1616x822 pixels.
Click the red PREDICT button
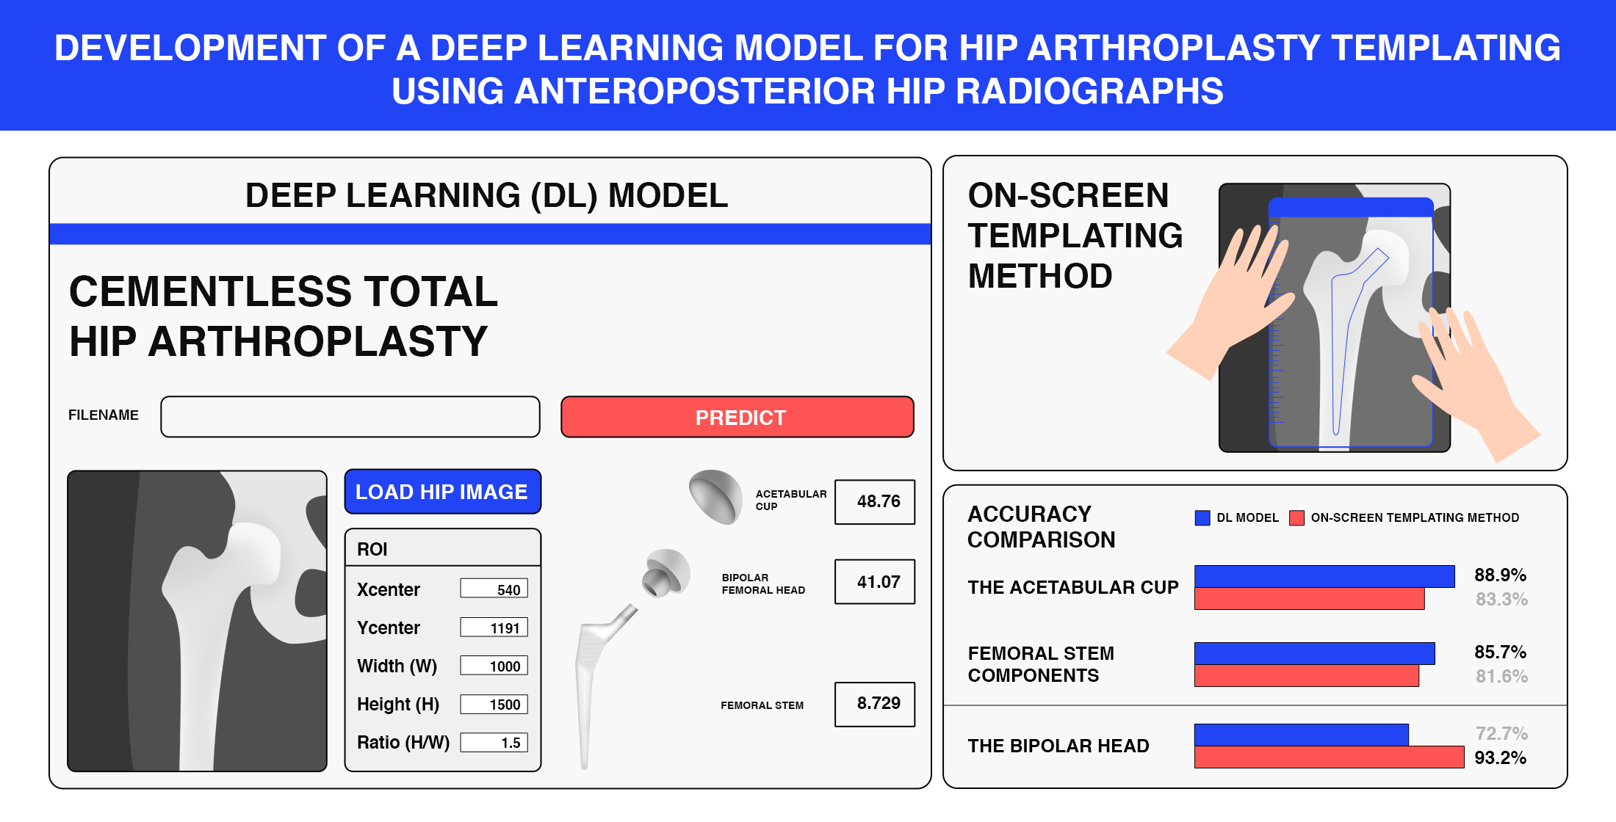coord(737,417)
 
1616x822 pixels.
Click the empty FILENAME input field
coord(350,417)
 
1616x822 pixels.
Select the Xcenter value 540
coord(494,589)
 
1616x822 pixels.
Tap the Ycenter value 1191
coord(494,628)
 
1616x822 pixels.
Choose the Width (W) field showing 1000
coord(494,666)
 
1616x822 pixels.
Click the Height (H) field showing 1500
coord(494,704)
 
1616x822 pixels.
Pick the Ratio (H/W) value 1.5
coord(494,742)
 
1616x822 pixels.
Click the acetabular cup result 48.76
coord(875,502)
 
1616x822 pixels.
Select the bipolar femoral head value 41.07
coord(875,582)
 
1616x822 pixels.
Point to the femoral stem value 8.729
coord(875,704)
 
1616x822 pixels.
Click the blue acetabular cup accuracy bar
coord(1324,576)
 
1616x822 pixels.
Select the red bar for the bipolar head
coord(1330,757)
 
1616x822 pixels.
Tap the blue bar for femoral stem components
coord(1315,653)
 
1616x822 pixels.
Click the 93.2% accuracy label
coord(1500,757)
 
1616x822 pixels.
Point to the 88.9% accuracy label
coord(1500,575)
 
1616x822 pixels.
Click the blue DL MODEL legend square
coord(1202,518)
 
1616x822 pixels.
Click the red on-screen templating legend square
coord(1297,518)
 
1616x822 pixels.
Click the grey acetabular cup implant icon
coord(715,497)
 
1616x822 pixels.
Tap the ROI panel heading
coord(372,549)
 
